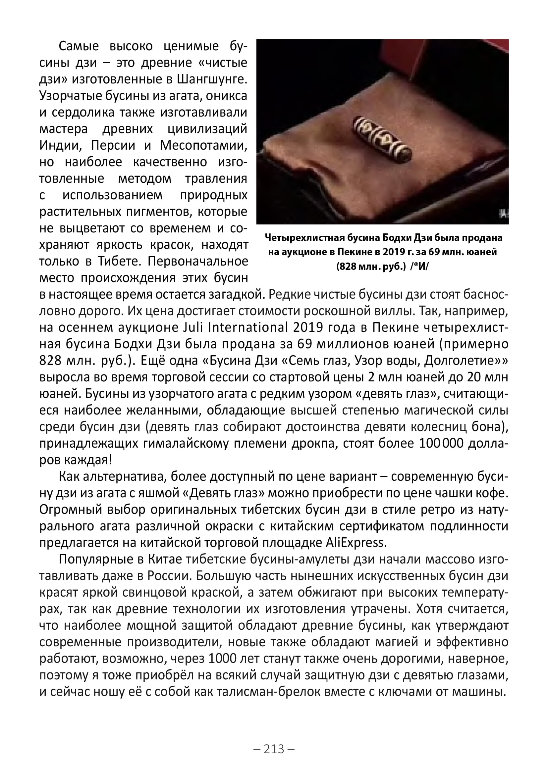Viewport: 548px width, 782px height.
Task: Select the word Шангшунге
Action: [x=212, y=79]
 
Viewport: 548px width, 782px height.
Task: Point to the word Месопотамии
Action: [x=203, y=145]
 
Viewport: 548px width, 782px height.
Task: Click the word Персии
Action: [x=113, y=145]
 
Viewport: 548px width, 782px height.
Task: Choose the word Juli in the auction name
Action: [x=193, y=327]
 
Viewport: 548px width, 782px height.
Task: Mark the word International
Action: [x=248, y=327]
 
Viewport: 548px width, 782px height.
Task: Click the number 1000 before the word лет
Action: [x=222, y=659]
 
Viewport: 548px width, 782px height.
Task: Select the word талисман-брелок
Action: [x=269, y=691]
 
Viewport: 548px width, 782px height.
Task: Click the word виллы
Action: [x=393, y=311]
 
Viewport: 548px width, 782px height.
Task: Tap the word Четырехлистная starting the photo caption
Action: [x=303, y=238]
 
